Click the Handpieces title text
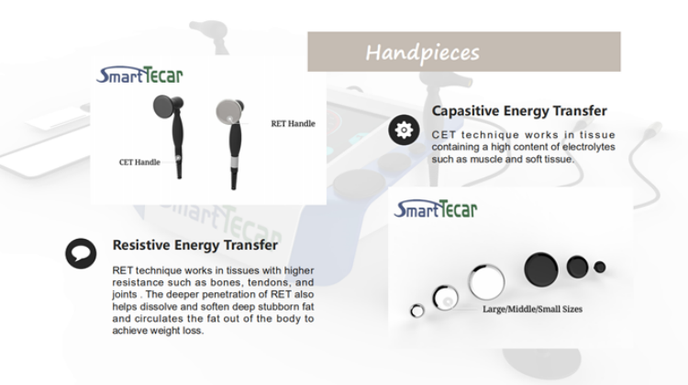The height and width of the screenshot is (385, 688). pos(423,52)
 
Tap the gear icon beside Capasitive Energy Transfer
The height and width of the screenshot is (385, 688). pos(404,130)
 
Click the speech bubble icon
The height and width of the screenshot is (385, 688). pos(81,254)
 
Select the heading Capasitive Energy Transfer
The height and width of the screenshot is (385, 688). pos(519,111)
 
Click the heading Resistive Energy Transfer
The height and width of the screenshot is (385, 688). pos(194,244)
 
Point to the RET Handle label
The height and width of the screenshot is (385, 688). pos(294,123)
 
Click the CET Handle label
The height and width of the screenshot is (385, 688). pos(139,162)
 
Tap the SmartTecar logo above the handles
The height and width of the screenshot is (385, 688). pos(139,75)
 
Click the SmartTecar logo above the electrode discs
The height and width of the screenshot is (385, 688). pos(436,209)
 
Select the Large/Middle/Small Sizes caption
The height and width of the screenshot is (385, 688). pos(532,309)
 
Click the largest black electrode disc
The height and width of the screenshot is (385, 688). pos(541,269)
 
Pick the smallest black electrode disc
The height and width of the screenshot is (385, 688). pos(599,266)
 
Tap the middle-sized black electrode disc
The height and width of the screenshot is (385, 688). pos(577,266)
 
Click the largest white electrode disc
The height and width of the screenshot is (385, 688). pos(486,282)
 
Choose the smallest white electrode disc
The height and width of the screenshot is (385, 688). pos(416,311)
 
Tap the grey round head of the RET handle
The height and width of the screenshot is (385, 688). pos(228,111)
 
